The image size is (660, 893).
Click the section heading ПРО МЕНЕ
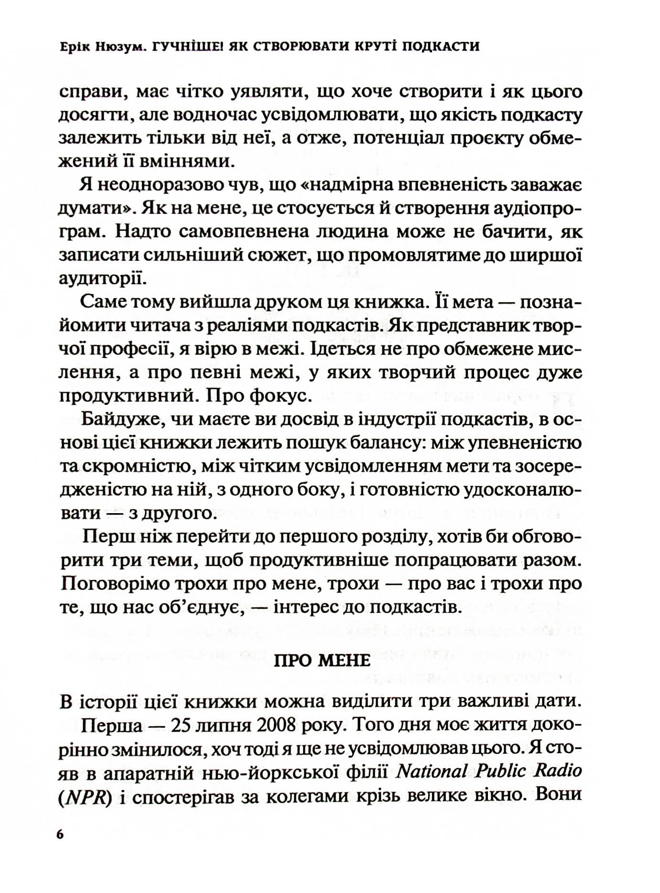[x=322, y=660]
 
